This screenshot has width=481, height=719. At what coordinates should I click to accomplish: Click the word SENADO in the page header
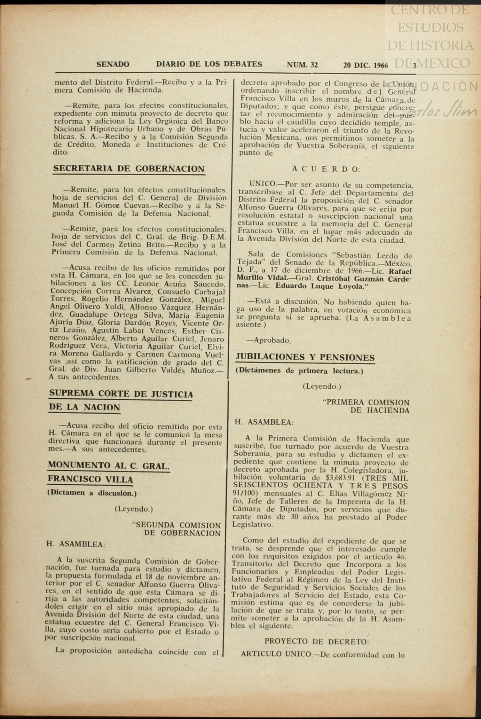click(x=113, y=64)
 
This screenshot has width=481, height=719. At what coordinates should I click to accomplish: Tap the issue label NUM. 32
click(x=302, y=65)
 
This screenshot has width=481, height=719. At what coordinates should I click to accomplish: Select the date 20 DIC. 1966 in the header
click(x=366, y=65)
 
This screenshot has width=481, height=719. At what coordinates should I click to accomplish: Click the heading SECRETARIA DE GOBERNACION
click(x=129, y=168)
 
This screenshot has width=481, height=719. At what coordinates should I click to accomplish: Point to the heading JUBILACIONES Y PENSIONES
click(x=305, y=357)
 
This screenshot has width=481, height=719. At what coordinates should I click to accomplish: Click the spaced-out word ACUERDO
click(x=326, y=169)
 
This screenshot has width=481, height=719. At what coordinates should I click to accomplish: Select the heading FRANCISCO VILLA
click(x=90, y=479)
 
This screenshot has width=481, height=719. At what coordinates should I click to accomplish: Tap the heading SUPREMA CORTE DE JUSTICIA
click(x=121, y=394)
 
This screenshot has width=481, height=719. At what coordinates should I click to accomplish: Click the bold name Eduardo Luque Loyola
click(x=321, y=286)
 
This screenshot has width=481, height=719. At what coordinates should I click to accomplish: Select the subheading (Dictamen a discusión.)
click(x=92, y=493)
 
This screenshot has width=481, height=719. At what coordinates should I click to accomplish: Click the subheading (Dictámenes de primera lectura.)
click(x=299, y=371)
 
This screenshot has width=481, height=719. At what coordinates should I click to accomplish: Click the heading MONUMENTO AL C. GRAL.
click(x=108, y=465)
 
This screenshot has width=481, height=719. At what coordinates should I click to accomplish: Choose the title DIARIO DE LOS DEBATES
click(x=209, y=64)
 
